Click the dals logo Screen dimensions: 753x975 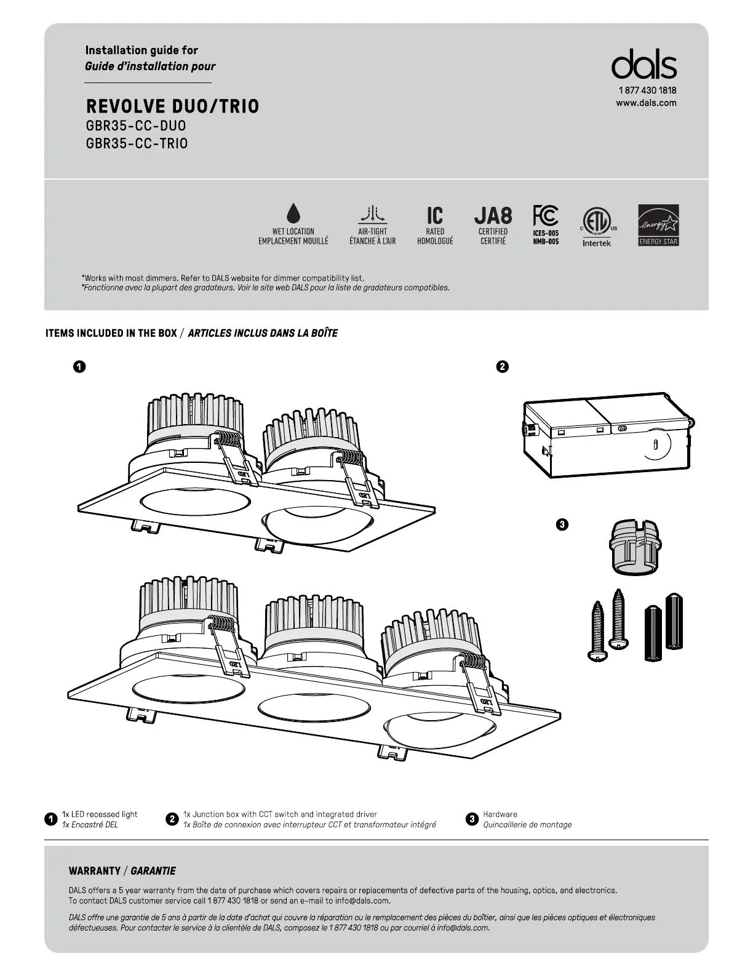(x=644, y=65)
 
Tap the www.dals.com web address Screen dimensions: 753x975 (x=646, y=103)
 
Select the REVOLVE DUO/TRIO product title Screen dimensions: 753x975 (x=172, y=106)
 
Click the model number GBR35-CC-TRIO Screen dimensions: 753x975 (x=137, y=143)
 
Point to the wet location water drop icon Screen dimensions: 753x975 (x=293, y=214)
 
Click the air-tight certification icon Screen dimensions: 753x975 (x=372, y=214)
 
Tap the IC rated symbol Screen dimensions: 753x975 (x=435, y=215)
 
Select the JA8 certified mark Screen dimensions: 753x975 (x=493, y=215)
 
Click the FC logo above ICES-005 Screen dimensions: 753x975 (x=545, y=215)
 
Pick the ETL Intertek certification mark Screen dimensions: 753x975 (x=596, y=222)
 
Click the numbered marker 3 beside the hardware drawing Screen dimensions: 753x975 (x=562, y=525)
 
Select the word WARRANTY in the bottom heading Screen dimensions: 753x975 (x=95, y=871)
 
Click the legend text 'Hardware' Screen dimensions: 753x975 (x=500, y=814)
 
